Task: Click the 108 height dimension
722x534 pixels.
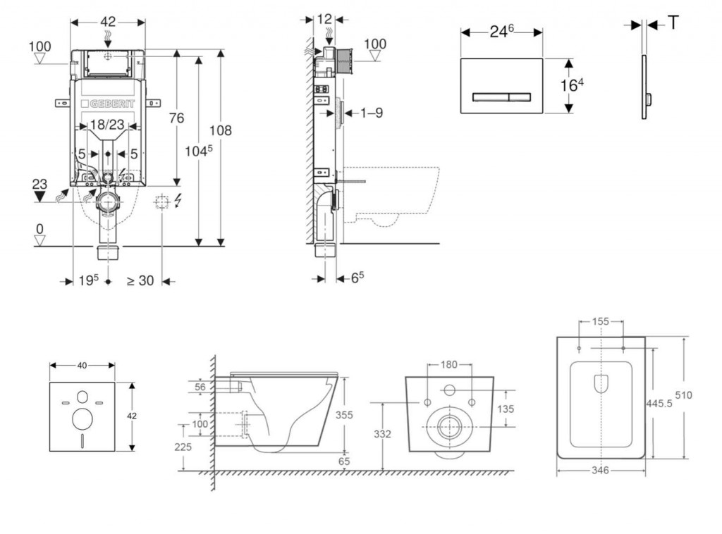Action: click(220, 130)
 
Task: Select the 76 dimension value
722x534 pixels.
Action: click(176, 118)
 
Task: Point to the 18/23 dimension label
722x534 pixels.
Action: click(108, 125)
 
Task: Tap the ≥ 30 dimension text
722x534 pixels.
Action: click(140, 280)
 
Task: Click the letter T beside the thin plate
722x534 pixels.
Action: click(674, 23)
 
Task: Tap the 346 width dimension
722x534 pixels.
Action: click(600, 470)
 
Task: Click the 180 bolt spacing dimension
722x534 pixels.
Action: click(449, 365)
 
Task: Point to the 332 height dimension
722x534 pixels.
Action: click(382, 434)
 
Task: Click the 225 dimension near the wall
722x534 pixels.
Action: click(183, 446)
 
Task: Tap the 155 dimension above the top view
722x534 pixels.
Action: click(601, 321)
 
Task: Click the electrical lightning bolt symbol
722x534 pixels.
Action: click(177, 202)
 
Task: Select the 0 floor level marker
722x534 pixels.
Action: click(40, 229)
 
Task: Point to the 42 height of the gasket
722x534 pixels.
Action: click(132, 416)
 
